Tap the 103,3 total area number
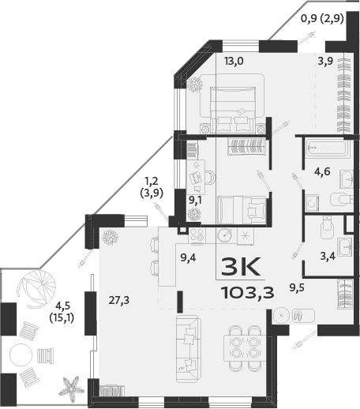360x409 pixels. pos(247,295)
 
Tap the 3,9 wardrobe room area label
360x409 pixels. pos(325,62)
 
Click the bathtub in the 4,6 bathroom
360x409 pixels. pos(326,146)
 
